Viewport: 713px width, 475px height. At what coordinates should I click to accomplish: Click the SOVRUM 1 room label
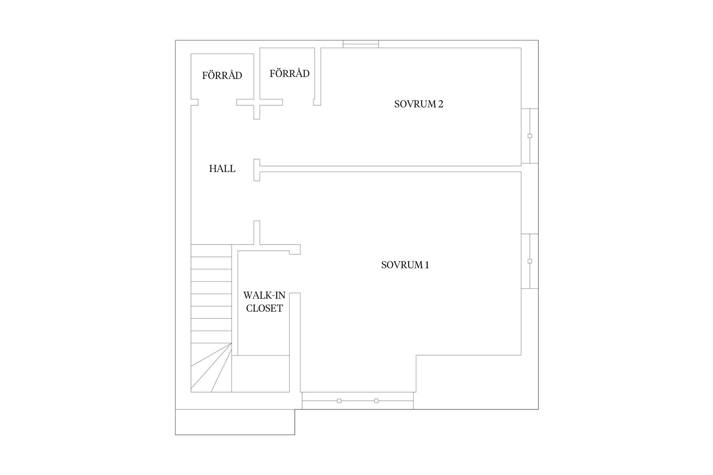pyautogui.click(x=405, y=265)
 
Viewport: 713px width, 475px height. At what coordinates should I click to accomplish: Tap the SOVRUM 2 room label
pyautogui.click(x=419, y=104)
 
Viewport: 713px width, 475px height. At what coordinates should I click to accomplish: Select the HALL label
pyautogui.click(x=222, y=169)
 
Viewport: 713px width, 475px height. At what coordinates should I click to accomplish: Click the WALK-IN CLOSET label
pyautogui.click(x=264, y=302)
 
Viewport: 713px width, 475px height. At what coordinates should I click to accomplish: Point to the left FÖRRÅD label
pyautogui.click(x=222, y=75)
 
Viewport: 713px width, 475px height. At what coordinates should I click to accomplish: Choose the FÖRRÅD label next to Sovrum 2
pyautogui.click(x=290, y=73)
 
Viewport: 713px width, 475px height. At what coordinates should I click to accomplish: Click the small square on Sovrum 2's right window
pyautogui.click(x=530, y=136)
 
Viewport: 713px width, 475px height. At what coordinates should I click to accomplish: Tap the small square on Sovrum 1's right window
pyautogui.click(x=530, y=261)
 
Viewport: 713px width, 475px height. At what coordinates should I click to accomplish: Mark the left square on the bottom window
pyautogui.click(x=339, y=401)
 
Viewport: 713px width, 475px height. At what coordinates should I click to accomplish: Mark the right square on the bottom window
pyautogui.click(x=376, y=401)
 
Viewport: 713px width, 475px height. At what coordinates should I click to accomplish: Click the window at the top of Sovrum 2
pyautogui.click(x=361, y=44)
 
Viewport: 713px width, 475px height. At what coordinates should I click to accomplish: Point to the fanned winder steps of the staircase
pyautogui.click(x=211, y=367)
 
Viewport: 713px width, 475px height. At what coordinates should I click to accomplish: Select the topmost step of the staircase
pyautogui.click(x=211, y=251)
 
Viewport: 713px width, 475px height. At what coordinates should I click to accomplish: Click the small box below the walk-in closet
pyautogui.click(x=261, y=374)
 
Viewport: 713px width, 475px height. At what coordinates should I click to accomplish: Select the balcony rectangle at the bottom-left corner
pyautogui.click(x=235, y=422)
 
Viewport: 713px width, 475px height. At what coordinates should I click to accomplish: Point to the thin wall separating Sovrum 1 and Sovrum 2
pyautogui.click(x=390, y=169)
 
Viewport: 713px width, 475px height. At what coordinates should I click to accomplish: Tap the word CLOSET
pyautogui.click(x=264, y=308)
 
